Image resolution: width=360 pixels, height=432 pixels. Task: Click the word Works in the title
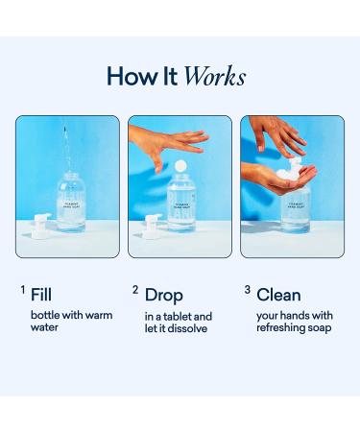click(x=215, y=77)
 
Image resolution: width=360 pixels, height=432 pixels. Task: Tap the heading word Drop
click(x=163, y=295)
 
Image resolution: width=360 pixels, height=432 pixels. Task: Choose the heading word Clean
click(x=278, y=295)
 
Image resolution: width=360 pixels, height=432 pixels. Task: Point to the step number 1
click(x=23, y=290)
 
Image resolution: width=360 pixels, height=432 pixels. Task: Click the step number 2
click(x=135, y=290)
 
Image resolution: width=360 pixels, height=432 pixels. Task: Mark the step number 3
click(x=247, y=290)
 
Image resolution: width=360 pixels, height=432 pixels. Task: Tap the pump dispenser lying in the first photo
click(x=41, y=225)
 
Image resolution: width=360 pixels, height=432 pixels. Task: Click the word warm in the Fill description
click(x=98, y=315)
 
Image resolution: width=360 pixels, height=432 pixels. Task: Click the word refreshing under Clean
click(x=279, y=327)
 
